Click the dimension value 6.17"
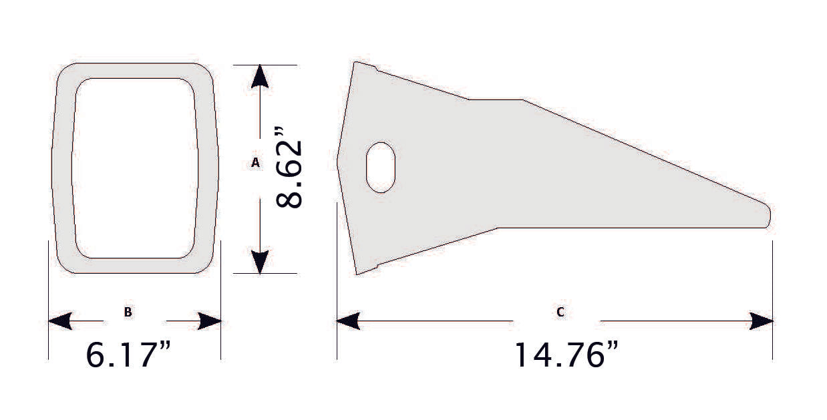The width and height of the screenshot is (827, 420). [134, 355]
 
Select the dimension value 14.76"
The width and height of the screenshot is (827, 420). [565, 355]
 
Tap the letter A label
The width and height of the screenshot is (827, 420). [255, 162]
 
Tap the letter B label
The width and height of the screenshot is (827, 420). [128, 312]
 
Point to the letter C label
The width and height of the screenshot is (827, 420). [560, 312]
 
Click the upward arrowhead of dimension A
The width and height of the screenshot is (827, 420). [260, 77]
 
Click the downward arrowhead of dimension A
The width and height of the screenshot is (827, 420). [260, 261]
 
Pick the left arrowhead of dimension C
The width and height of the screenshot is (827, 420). [348, 321]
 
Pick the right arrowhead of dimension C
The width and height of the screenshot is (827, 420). [762, 321]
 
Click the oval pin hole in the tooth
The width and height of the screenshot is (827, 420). [381, 167]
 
